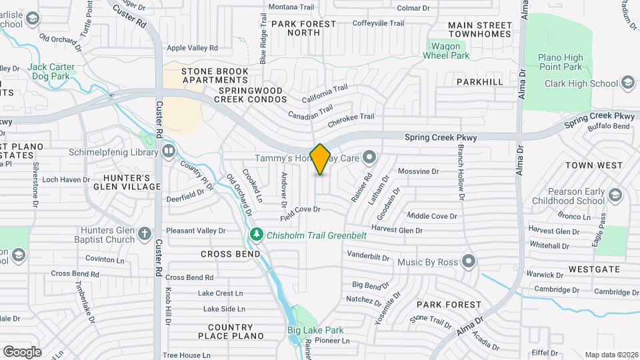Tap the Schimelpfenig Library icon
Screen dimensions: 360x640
pos(169,151)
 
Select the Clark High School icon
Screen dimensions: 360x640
pos(627,83)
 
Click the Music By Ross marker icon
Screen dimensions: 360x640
pos(469,262)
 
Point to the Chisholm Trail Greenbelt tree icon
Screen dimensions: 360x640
pos(256,235)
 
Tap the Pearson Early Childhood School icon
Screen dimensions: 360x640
pos(615,195)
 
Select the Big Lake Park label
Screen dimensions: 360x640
pos(315,330)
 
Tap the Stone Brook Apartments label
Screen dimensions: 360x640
pos(215,71)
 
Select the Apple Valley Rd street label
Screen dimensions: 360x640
pos(192,48)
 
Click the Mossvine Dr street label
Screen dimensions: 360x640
pos(418,171)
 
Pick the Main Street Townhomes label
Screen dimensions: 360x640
pos(480,29)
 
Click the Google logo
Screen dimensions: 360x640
pos(22,352)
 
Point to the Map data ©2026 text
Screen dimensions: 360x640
pos(611,355)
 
